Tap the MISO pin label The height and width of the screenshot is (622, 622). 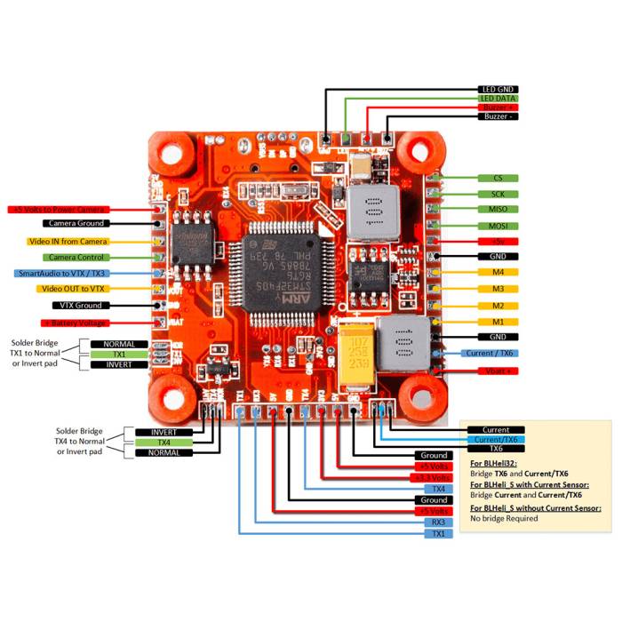tap(498, 210)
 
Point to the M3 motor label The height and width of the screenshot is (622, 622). tap(498, 289)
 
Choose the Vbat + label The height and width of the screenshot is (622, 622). tap(497, 370)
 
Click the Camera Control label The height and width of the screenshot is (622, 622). tap(77, 258)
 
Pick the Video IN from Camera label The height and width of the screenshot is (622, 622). tap(68, 242)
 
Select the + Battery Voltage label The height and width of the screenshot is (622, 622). tap(75, 323)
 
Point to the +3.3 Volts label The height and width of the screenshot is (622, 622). tap(434, 477)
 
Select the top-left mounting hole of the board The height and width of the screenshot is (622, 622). tap(171, 154)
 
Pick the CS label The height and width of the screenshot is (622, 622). tap(498, 178)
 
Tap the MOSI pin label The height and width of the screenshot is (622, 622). tap(498, 226)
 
